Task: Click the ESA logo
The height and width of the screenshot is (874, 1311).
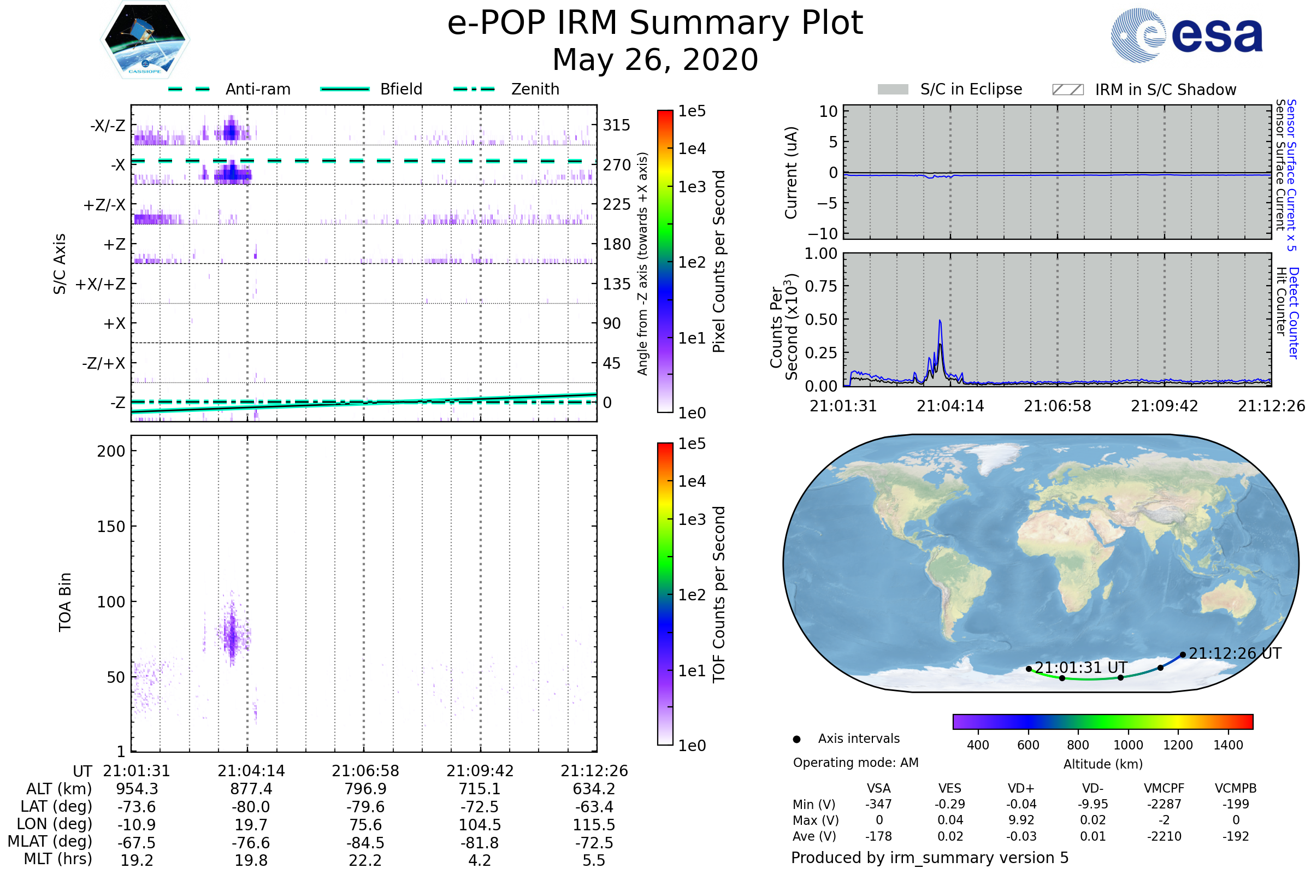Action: click(x=1186, y=35)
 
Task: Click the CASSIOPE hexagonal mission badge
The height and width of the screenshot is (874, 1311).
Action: click(x=145, y=39)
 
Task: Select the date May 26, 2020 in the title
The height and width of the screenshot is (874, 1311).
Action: click(x=655, y=60)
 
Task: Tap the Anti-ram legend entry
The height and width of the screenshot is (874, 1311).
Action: click(x=229, y=89)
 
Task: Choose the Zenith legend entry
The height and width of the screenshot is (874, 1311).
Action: click(x=506, y=89)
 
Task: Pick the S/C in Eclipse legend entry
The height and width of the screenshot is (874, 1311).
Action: click(x=950, y=89)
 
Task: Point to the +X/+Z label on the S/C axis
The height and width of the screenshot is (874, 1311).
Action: click(x=101, y=284)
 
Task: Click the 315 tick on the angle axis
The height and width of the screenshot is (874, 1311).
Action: click(x=617, y=125)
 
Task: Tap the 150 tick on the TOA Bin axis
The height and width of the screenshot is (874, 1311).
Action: click(x=111, y=527)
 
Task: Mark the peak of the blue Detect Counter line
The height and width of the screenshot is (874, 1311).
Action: click(x=940, y=321)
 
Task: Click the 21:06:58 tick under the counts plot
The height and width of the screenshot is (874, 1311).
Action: click(x=1058, y=406)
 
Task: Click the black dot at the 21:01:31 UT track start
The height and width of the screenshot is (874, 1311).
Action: click(x=1029, y=669)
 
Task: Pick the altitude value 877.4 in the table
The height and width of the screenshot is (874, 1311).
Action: click(x=251, y=789)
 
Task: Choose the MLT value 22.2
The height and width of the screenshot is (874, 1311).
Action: click(x=365, y=860)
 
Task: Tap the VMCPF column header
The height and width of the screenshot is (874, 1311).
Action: click(x=1164, y=788)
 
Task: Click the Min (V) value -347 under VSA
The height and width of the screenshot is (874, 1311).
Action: click(x=878, y=804)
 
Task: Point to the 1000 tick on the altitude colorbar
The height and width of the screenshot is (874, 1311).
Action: click(x=1128, y=745)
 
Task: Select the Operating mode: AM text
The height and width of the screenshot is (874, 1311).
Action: click(x=855, y=763)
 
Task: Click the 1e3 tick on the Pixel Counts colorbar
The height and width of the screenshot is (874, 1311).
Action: click(x=692, y=187)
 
